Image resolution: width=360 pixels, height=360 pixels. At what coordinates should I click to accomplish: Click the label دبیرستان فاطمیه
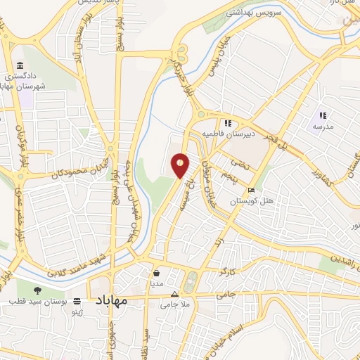tap(246, 131)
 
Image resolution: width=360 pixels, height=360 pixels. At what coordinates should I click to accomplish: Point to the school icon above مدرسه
tap(323, 115)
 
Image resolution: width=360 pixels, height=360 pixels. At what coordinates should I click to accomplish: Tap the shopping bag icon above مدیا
tap(156, 274)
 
